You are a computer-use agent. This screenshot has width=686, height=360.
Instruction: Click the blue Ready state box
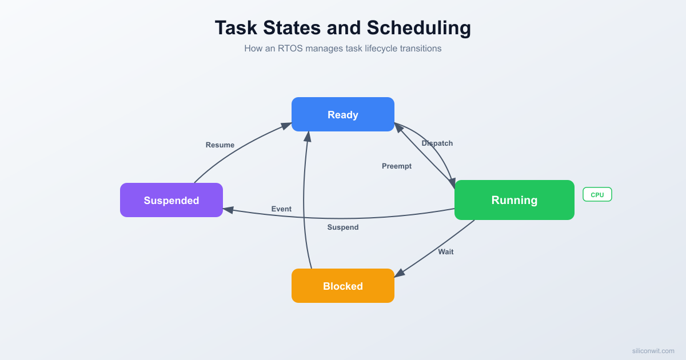coord(343,114)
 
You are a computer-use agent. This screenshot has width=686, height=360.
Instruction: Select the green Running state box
coord(514,200)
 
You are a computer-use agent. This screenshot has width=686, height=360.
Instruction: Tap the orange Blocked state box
coord(343,286)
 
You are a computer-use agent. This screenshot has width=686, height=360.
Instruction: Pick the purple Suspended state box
coord(171,200)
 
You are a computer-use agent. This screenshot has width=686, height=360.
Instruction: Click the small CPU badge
coord(597,195)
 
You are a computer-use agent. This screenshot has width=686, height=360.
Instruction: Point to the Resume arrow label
coord(220,145)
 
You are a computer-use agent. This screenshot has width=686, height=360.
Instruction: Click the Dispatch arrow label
coord(437,143)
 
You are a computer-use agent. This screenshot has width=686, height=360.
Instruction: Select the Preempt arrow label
coord(397,166)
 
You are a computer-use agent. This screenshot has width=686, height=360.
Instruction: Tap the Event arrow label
coord(281,209)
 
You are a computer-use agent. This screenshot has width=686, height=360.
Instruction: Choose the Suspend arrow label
coord(343,227)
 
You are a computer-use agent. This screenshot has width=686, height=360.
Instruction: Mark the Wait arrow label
coord(446,252)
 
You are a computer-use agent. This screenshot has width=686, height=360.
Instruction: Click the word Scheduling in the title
coord(419,28)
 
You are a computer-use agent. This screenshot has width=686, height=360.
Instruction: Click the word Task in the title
coord(234,28)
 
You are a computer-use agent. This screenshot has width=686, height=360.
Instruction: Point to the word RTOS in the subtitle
coord(290,49)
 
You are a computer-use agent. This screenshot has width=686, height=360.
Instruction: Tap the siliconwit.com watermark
coord(653,351)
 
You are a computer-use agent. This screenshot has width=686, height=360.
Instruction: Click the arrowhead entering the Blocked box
coord(399,274)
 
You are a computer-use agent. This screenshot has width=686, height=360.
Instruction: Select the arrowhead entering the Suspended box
coord(228,210)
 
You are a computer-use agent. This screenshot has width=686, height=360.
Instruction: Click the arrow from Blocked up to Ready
coord(304,200)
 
